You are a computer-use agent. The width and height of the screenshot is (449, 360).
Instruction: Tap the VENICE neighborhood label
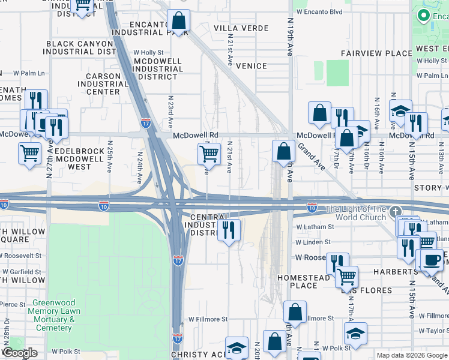pos(251,65)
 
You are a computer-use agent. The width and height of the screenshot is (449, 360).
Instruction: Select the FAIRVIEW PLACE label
pos(376,53)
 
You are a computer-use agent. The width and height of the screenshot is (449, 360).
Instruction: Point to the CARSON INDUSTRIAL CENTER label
pos(99,84)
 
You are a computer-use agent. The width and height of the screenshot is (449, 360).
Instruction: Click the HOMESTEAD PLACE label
pos(303,282)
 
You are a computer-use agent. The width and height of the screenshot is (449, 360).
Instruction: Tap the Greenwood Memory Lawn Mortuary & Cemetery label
pos(53,315)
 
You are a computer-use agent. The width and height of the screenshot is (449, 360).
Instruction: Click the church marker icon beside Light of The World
pos(394,211)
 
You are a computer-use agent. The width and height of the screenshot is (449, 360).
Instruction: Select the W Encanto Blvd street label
pos(319,11)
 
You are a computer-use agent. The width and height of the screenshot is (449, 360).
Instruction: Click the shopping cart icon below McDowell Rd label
pos(208,154)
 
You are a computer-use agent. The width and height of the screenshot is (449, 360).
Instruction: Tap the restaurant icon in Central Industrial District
pos(228,230)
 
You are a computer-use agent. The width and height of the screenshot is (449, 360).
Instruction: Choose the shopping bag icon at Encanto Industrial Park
pos(178,21)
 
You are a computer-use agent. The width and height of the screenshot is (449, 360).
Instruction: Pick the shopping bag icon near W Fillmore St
pos(294,312)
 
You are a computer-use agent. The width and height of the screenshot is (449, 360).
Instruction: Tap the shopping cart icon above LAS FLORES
pos(346,277)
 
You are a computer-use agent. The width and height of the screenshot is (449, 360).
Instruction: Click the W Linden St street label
pos(315,242)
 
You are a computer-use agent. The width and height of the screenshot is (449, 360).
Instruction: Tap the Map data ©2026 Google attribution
pos(411,355)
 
